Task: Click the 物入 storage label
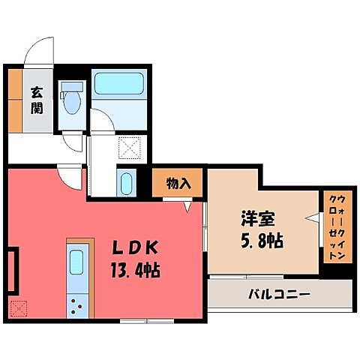pos(178,183)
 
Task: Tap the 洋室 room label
pos(256,220)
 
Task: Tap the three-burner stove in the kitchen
pos(77,304)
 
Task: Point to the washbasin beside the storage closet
pos(125,182)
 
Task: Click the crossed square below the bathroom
pos(130,148)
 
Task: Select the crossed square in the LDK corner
pos(18,308)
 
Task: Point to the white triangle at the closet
pos(310,219)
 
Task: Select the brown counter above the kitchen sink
pos(79,242)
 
